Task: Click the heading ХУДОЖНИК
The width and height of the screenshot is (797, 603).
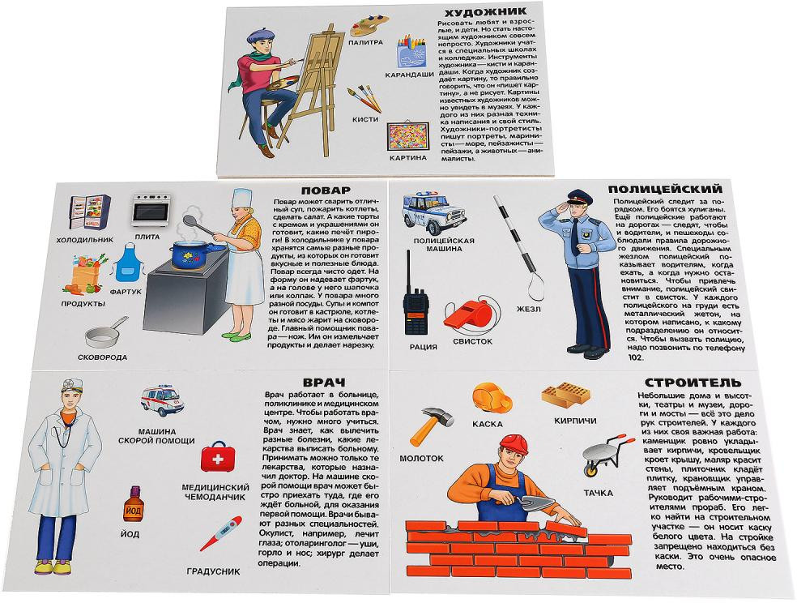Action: point(484,11)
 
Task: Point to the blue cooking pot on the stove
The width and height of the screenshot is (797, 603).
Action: point(191,254)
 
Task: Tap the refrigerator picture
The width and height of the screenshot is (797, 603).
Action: point(90,212)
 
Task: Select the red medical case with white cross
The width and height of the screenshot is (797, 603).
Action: point(218,456)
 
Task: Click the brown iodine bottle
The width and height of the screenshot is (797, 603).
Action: point(133,504)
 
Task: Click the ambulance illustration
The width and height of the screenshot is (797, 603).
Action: point(162,400)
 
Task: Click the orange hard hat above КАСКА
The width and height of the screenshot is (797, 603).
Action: point(491,398)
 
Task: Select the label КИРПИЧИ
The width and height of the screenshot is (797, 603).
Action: point(575,421)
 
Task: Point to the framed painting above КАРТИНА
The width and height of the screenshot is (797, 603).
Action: point(406,137)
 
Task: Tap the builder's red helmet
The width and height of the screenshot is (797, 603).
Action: point(514,444)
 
